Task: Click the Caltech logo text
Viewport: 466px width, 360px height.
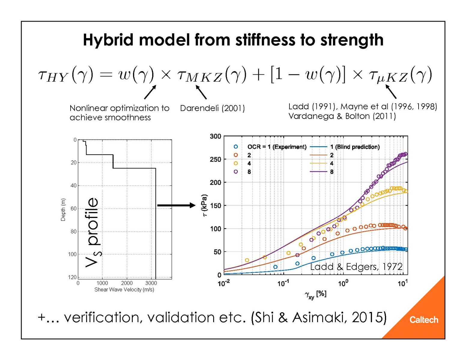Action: coord(423,320)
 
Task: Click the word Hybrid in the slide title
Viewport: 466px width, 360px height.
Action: coord(108,40)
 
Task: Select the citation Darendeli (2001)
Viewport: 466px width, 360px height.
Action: coord(212,108)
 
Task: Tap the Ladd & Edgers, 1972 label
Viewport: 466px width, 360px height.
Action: coord(356,267)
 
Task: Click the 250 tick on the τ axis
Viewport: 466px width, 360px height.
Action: coord(216,159)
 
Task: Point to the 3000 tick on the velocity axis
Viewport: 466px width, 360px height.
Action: coord(151,283)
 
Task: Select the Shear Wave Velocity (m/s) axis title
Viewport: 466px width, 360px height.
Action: coord(124,289)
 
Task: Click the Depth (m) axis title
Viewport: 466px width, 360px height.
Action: coord(63,210)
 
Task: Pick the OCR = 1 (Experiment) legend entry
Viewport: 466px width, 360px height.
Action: coord(277,147)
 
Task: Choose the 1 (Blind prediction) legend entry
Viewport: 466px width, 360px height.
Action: coord(355,147)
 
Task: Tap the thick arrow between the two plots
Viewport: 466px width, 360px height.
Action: coord(176,205)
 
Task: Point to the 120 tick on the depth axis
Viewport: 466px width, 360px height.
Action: coord(73,277)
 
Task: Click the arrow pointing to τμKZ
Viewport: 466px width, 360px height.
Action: coord(391,92)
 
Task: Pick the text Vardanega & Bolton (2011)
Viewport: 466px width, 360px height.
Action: coord(342,116)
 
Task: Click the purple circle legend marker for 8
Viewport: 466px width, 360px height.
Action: coord(236,172)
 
